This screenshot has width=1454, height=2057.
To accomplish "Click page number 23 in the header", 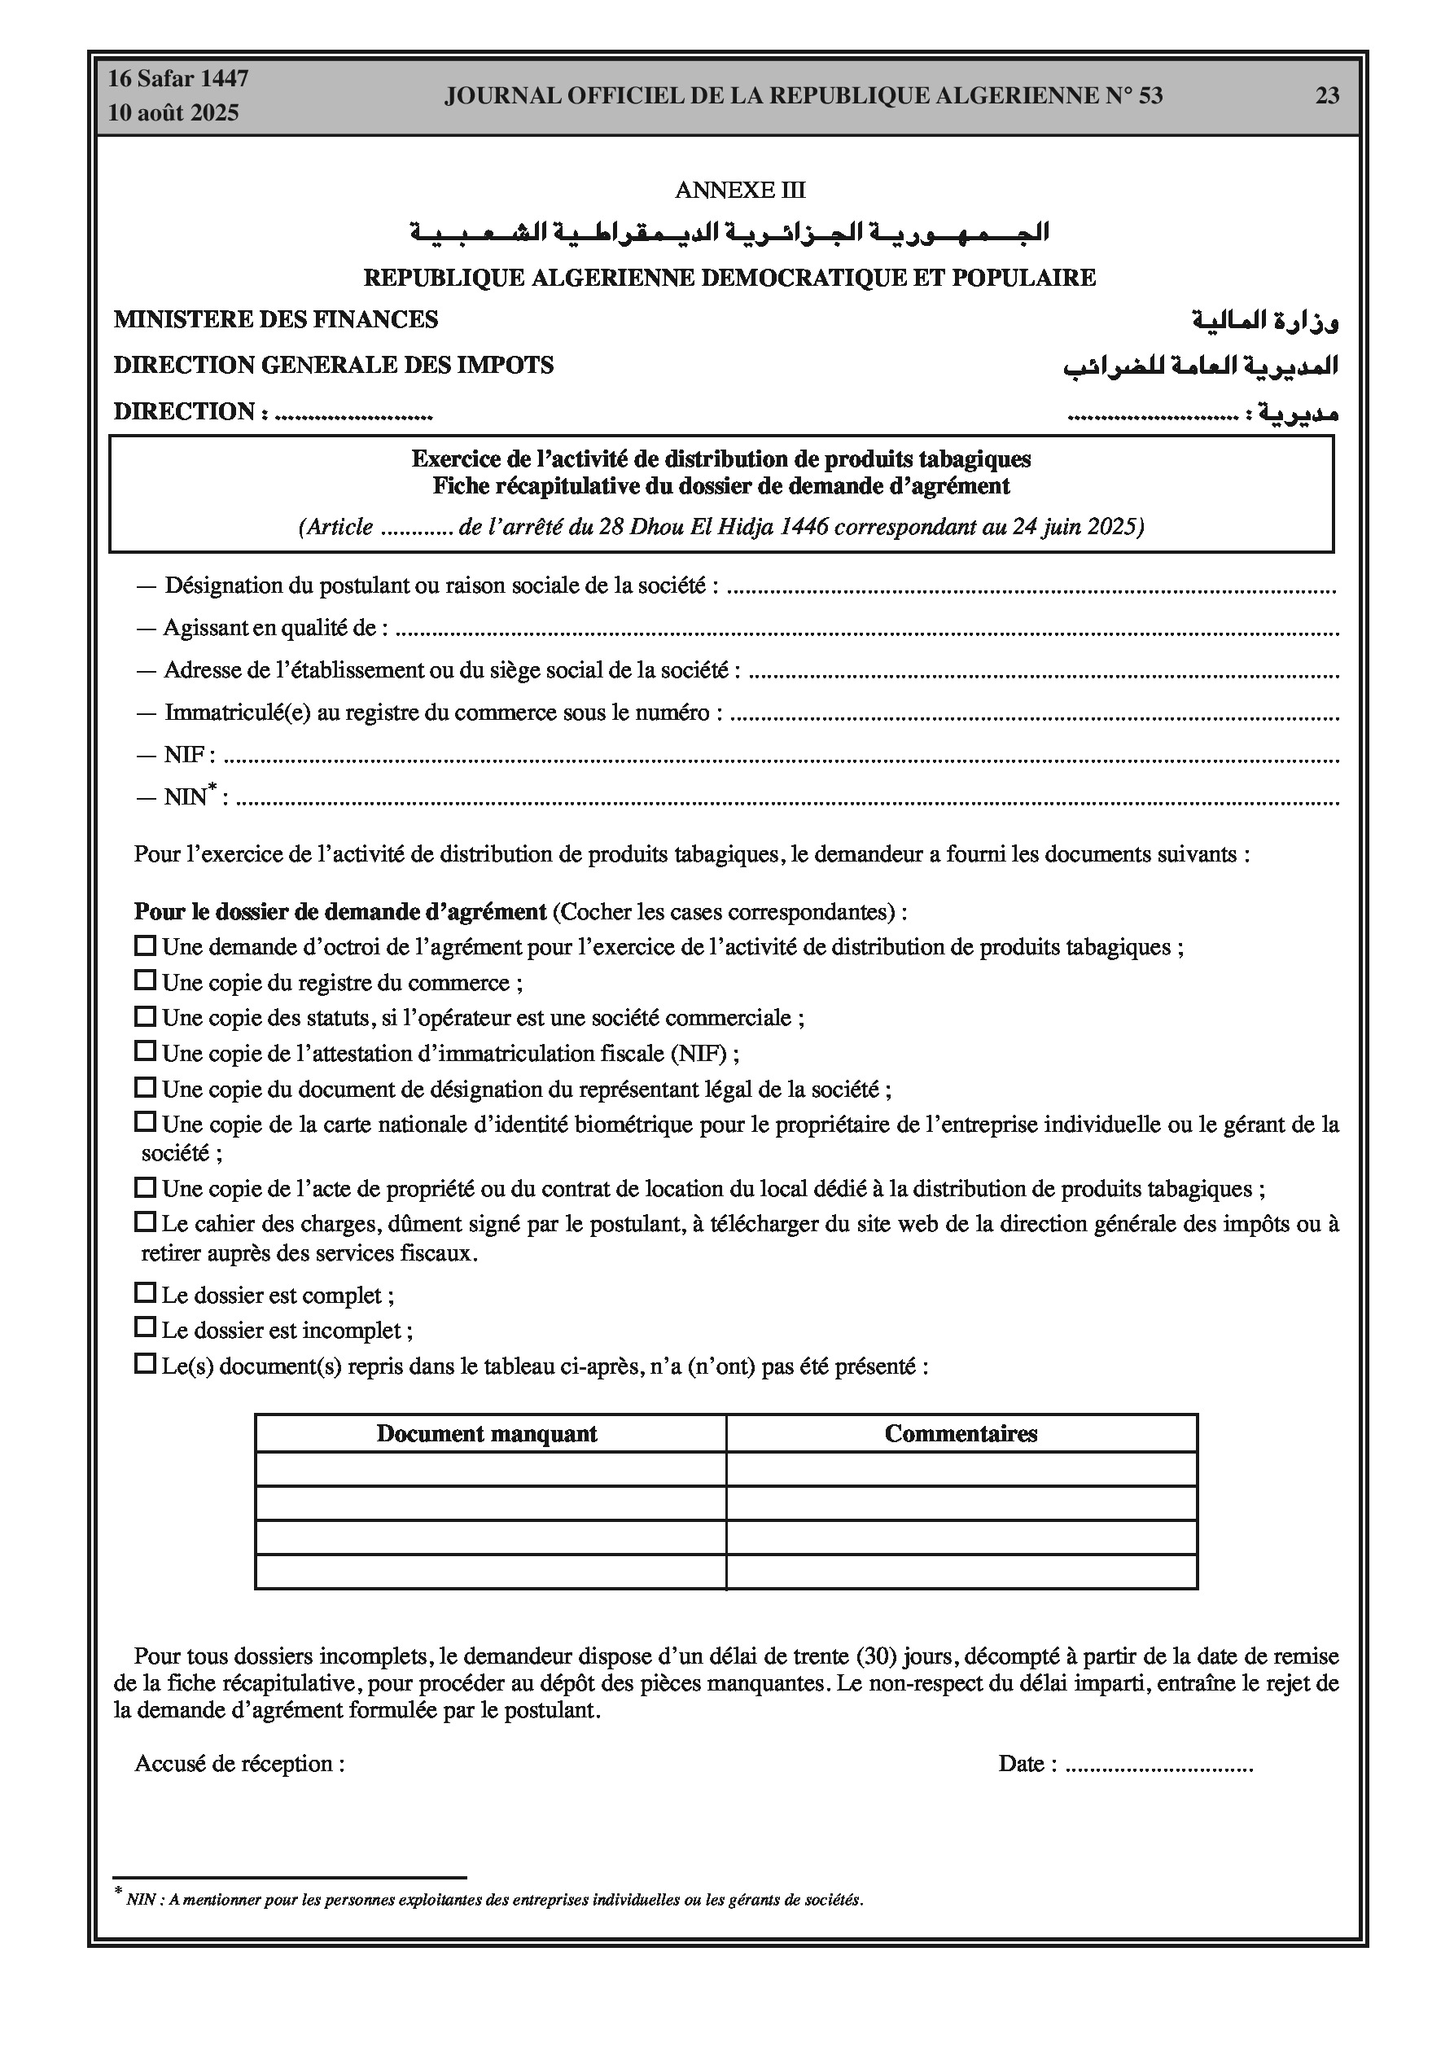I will (x=1327, y=96).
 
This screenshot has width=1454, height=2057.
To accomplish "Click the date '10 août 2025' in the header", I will (x=173, y=113).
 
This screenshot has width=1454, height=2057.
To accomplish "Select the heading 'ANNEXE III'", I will (x=740, y=190).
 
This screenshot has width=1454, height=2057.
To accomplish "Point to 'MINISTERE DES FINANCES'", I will (x=276, y=320).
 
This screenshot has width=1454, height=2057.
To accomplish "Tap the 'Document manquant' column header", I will (x=487, y=1433).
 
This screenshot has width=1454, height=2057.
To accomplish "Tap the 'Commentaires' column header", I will (x=961, y=1433).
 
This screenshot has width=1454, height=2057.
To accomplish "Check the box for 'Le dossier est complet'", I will (x=144, y=1293).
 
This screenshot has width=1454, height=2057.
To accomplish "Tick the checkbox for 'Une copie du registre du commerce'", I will (x=144, y=981).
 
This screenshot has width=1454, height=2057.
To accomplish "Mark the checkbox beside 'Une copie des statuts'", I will (x=144, y=1016).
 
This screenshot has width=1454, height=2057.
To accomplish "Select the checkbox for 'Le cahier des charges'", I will (x=144, y=1221).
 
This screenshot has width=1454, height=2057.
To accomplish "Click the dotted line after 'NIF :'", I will (x=779, y=758).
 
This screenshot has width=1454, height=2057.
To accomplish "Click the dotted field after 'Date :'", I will (x=1159, y=1765).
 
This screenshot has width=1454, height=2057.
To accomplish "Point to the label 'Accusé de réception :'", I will (x=239, y=1763).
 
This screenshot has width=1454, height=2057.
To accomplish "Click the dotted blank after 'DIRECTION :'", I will (x=353, y=414).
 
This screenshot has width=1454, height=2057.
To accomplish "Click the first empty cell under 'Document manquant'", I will (x=490, y=1469).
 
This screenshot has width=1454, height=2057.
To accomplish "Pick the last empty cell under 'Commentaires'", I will (x=961, y=1572).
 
